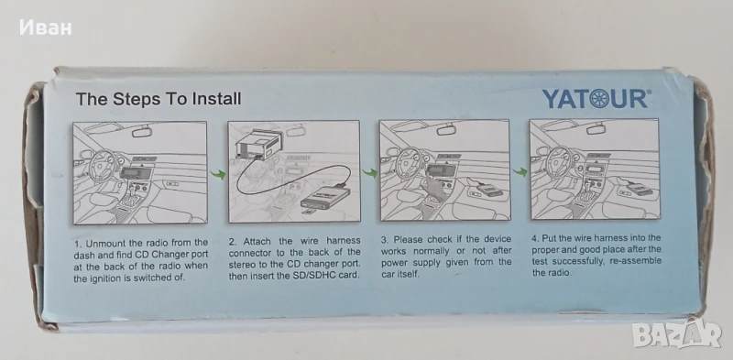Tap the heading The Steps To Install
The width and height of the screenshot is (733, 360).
(159, 99)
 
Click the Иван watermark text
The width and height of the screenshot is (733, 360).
(45, 27)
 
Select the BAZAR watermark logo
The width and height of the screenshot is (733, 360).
(676, 333)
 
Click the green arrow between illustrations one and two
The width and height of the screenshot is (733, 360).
(218, 175)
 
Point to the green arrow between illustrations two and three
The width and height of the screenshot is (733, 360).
(370, 173)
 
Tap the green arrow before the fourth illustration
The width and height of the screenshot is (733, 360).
(520, 172)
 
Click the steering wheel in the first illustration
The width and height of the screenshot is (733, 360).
(103, 165)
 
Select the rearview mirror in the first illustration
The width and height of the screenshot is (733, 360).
(142, 132)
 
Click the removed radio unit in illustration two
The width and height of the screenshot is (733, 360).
(259, 144)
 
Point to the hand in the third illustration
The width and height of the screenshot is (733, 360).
(434, 189)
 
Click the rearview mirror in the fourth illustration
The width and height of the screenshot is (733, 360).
(596, 129)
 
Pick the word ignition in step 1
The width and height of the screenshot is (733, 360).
(105, 278)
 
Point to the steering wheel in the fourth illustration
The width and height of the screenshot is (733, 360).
(559, 161)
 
